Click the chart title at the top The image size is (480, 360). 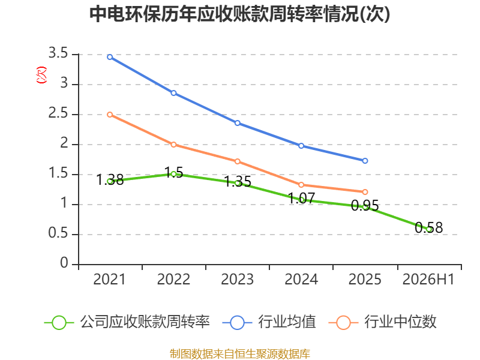pyautogui.click(x=239, y=14)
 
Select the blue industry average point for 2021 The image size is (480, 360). pyautogui.click(x=110, y=57)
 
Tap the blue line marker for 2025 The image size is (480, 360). pyautogui.click(x=365, y=161)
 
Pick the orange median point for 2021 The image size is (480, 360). pyautogui.click(x=110, y=115)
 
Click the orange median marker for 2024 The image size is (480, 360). pyautogui.click(x=301, y=185)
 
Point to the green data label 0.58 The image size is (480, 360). pyautogui.click(x=429, y=227)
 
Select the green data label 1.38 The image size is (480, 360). pyautogui.click(x=110, y=179)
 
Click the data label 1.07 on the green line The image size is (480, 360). pyautogui.click(x=302, y=198)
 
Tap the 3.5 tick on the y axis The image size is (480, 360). pyautogui.click(x=58, y=53)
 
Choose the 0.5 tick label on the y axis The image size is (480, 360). pyautogui.click(x=58, y=233)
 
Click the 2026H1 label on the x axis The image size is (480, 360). pyautogui.click(x=428, y=279)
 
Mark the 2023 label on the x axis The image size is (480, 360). pyautogui.click(x=238, y=279)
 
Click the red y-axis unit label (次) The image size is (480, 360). pyautogui.click(x=41, y=74)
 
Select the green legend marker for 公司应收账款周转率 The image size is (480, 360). pyautogui.click(x=59, y=323)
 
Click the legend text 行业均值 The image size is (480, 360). pyautogui.click(x=287, y=322)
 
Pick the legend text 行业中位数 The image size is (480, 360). pyautogui.click(x=400, y=322)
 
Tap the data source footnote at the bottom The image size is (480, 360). pyautogui.click(x=240, y=354)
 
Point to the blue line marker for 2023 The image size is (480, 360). pyautogui.click(x=238, y=123)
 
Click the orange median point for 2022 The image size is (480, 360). pyautogui.click(x=173, y=145)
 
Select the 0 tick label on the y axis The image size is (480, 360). pyautogui.click(x=64, y=263)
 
